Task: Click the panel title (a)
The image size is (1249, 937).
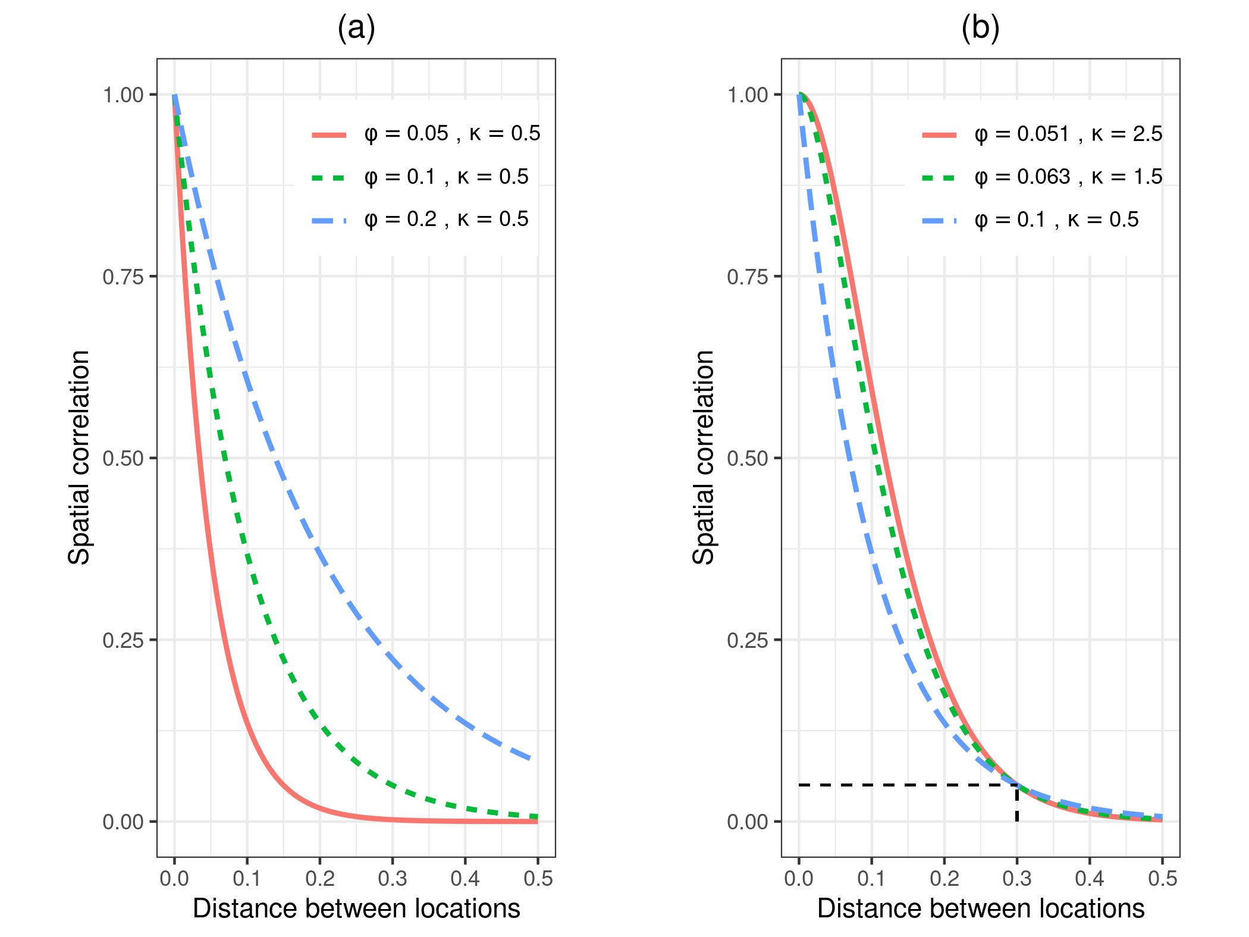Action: pos(356,28)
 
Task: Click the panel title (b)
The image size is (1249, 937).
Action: pos(980,28)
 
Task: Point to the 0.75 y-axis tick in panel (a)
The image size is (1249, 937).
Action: pos(123,277)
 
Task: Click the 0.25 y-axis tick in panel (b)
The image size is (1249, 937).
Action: pos(748,641)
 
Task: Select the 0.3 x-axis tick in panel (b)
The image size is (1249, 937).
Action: pos(1017,879)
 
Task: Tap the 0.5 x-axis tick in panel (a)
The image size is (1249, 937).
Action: pos(538,879)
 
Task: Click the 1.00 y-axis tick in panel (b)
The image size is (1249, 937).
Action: pos(748,95)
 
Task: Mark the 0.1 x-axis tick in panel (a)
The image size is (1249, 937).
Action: pos(247,879)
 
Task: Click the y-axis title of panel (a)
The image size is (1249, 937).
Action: pos(79,457)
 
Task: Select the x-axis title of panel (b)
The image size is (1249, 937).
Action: pos(980,909)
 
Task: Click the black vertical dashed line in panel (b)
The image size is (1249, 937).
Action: pos(1017,804)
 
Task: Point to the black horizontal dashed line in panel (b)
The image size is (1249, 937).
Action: pos(904,785)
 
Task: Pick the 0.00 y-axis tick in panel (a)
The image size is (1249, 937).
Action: pos(123,822)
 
